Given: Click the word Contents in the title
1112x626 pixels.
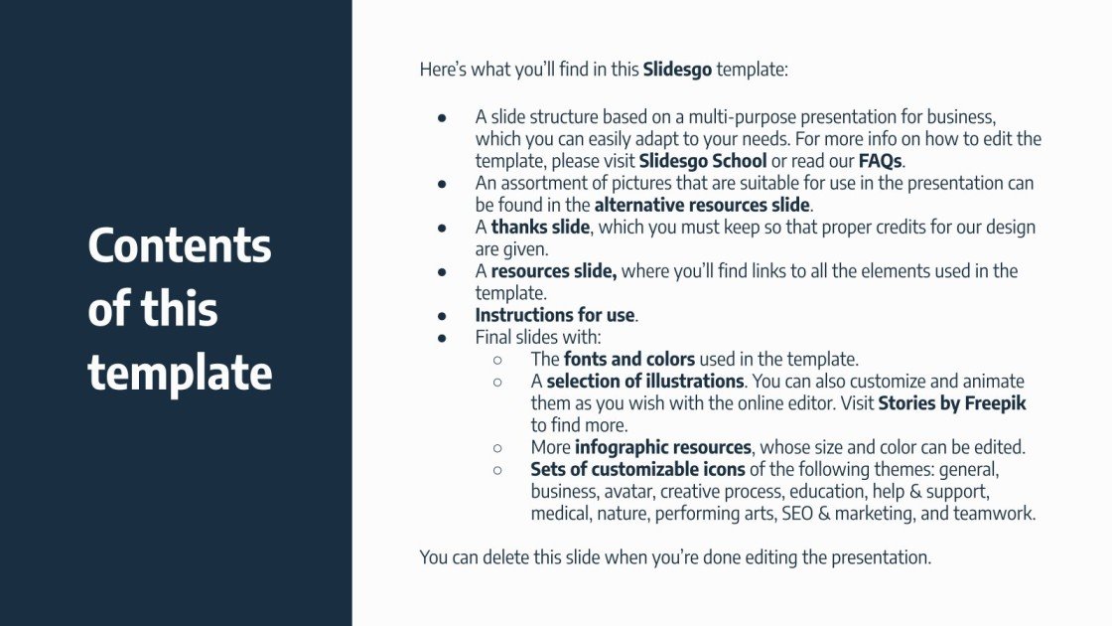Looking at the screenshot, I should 180,245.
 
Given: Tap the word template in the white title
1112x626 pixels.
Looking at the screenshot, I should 180,373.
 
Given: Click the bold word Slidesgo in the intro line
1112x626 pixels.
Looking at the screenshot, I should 677,70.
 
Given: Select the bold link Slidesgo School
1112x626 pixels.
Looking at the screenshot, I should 703,161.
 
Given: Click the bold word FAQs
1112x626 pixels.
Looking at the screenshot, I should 881,161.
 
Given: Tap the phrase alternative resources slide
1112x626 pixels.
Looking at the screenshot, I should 703,205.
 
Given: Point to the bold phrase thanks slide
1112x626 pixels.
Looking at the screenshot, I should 541,228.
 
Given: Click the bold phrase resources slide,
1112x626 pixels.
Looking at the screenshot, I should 554,271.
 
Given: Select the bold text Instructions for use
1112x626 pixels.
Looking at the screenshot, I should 554,315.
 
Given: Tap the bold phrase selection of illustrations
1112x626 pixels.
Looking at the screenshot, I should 645,381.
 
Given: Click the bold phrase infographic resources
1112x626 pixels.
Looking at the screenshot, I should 663,447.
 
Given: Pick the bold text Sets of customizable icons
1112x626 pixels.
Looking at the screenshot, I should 637,469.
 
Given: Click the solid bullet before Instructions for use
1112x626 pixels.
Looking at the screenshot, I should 442,315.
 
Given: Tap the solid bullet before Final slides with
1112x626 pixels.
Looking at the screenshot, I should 442,337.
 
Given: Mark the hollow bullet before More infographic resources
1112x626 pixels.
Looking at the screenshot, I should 497,447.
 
